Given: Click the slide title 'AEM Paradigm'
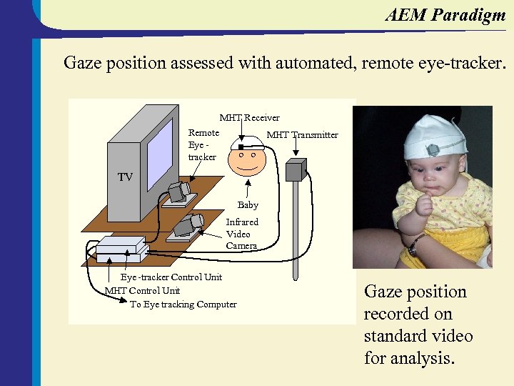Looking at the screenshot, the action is [445, 15].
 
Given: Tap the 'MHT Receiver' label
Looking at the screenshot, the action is [249, 117].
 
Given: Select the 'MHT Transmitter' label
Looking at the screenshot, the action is [302, 135].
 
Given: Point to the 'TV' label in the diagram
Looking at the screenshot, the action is [125, 177].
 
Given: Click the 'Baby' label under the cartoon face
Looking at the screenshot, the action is [248, 205].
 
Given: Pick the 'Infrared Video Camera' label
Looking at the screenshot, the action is [241, 234].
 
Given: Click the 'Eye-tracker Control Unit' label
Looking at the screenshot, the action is [171, 277].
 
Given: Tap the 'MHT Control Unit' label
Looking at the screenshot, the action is [142, 290].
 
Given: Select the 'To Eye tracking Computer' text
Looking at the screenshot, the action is [183, 305].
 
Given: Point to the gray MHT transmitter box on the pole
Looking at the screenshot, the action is [295, 169].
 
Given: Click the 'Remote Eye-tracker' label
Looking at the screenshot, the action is [203, 144].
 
